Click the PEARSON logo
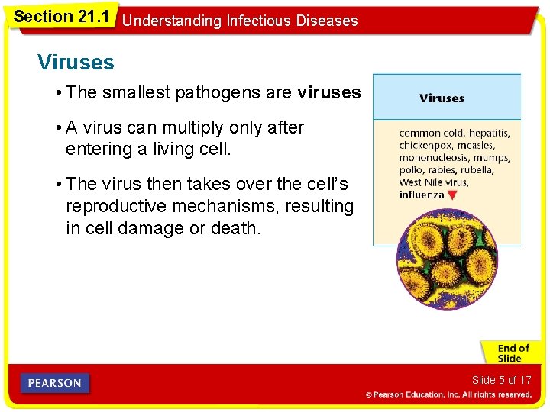point(55,383)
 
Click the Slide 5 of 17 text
point(501,380)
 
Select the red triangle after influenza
point(452,195)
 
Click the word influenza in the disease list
point(422,195)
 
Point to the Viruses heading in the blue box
point(442,98)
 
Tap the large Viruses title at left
point(76,62)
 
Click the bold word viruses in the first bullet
point(328,93)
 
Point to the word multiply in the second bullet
point(192,127)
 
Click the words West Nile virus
point(434,182)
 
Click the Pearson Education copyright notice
point(448,394)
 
